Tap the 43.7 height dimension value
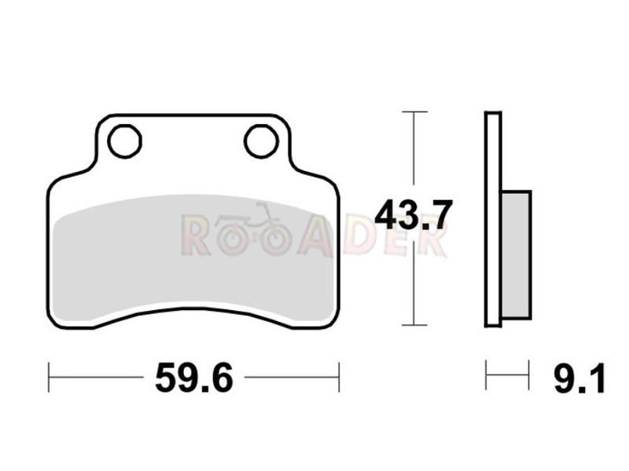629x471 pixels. pyautogui.click(x=414, y=215)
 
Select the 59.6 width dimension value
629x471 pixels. pyautogui.click(x=193, y=378)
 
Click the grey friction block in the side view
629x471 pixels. pyautogui.click(x=517, y=254)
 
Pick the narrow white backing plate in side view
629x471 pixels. pyautogui.click(x=493, y=220)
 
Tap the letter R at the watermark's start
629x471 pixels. pyautogui.click(x=197, y=236)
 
